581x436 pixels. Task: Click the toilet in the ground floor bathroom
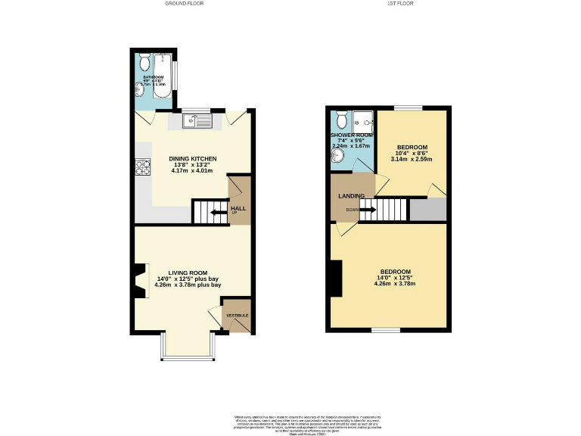[143, 63]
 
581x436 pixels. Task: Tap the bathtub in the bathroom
[162, 73]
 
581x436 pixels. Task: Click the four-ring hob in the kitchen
[140, 167]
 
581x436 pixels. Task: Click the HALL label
[238, 208]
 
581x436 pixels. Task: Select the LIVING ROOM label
[188, 272]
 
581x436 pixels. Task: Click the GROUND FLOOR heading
[184, 4]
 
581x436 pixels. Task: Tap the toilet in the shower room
[342, 120]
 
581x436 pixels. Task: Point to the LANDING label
[351, 196]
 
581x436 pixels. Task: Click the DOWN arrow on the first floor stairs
[366, 210]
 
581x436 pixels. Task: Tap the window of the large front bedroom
[385, 330]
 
